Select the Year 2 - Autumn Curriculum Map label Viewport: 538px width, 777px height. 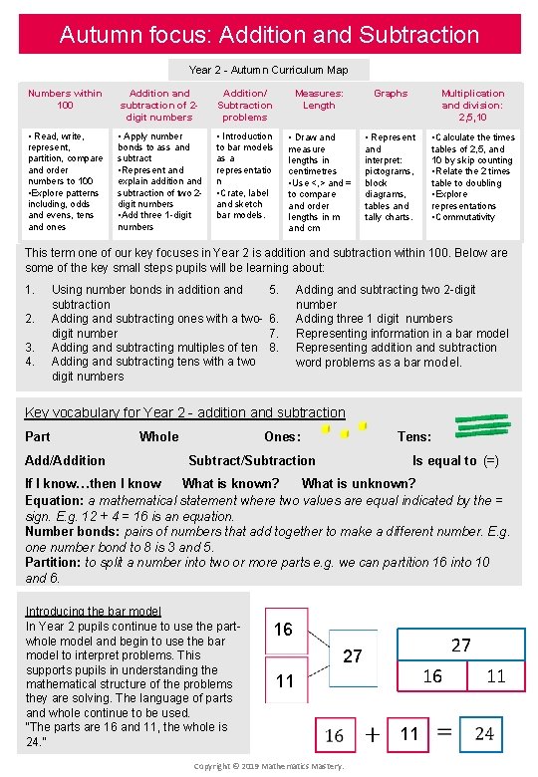(268, 70)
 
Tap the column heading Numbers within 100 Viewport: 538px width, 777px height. (65, 99)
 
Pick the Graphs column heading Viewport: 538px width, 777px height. (390, 94)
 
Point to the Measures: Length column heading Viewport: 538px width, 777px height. (319, 99)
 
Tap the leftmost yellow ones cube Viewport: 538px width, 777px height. (326, 430)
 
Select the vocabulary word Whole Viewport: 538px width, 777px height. (158, 436)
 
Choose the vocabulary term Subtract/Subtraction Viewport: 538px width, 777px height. (251, 460)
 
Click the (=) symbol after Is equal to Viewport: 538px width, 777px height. (490, 460)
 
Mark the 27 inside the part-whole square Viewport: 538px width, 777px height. (353, 656)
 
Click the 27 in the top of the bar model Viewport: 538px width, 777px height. (460, 646)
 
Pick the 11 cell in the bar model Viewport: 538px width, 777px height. (495, 676)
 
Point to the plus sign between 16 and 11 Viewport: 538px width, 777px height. (371, 735)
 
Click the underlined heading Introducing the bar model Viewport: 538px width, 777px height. (93, 611)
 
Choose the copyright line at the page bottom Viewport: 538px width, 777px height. (269, 765)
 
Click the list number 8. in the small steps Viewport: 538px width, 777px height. (274, 348)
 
